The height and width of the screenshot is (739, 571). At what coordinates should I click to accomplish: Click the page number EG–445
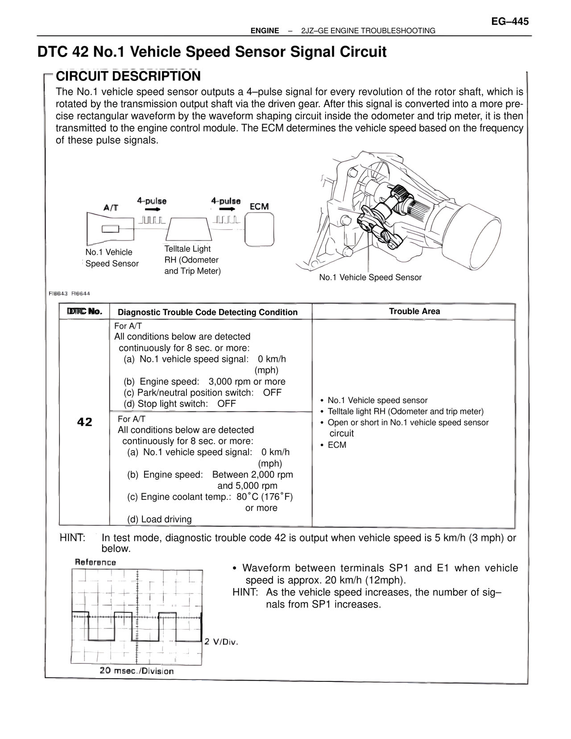510,21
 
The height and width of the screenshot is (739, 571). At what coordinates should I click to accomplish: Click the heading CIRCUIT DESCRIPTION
128,76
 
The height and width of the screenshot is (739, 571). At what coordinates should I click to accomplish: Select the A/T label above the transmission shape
111,208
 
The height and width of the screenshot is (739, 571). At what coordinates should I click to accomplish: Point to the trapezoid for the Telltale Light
188,229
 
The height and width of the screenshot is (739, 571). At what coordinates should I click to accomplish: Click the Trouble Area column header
414,311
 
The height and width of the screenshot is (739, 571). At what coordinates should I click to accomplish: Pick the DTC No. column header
85,311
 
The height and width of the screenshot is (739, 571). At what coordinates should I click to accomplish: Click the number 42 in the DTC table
85,422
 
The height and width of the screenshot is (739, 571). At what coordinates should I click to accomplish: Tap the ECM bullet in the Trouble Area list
337,445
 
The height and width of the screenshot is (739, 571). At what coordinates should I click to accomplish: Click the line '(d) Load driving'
159,519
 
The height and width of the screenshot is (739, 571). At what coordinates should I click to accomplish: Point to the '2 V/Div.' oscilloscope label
221,642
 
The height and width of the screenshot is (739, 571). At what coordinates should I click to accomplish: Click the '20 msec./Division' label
137,671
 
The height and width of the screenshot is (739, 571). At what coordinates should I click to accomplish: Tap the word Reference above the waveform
95,562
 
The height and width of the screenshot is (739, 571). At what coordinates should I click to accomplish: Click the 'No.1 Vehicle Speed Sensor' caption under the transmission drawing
370,278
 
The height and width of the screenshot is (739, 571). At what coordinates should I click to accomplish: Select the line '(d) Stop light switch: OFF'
180,404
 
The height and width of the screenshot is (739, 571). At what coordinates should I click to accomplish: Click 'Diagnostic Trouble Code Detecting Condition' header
207,312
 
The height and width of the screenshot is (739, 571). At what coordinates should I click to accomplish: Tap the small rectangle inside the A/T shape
110,229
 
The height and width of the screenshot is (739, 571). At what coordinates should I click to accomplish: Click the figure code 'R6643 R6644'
70,294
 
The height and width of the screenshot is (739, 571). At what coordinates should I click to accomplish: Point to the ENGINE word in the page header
265,31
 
